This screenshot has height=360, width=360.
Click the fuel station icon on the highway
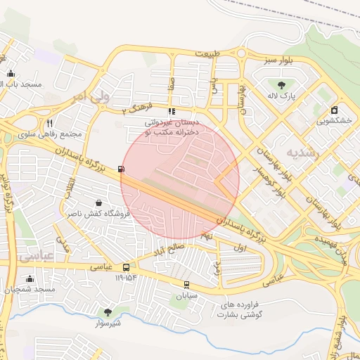123,169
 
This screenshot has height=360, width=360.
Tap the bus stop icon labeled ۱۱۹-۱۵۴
126,267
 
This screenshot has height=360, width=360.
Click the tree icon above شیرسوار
108,311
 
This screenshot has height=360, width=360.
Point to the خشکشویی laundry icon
334,110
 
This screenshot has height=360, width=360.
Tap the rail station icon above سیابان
186,285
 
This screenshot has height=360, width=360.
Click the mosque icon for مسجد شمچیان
30,278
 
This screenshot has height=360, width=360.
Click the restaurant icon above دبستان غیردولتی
171,111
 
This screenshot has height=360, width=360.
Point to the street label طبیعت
212,54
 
